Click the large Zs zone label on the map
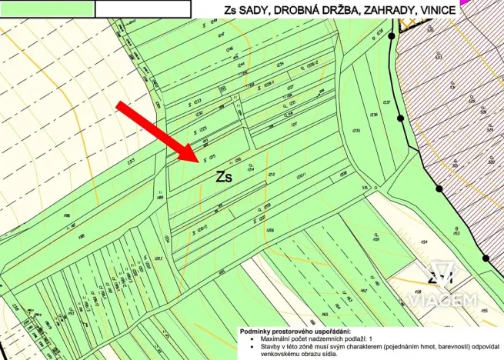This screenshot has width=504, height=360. click(x=225, y=175)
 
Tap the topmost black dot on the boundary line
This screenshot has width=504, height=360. click(x=392, y=36)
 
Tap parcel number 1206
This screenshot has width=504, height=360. click(x=270, y=229)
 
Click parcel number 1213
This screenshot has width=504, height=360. click(x=271, y=175)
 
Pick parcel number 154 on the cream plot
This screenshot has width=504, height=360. click(x=424, y=242)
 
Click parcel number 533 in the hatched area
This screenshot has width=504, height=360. click(x=438, y=56)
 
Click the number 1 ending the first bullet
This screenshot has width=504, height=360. click(x=370, y=338)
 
